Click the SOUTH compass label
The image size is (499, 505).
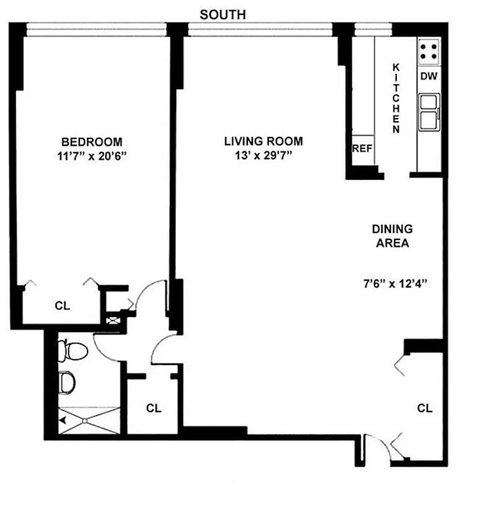pos(223,14)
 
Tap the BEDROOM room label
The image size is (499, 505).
pos(91,141)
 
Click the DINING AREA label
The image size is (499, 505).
pos(391,235)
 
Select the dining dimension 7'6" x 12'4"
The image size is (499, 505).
pos(392,283)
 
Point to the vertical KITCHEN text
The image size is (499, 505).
pos(396,98)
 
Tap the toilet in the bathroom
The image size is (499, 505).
pos(67,350)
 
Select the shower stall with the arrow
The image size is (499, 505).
pos(88,420)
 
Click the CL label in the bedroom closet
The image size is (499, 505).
pos(62,306)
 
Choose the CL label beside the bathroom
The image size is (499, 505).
pos(154,408)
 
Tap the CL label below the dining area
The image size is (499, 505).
pos(425,408)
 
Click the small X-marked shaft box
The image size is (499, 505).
pos(114,321)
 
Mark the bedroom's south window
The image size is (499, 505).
pos(96,27)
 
